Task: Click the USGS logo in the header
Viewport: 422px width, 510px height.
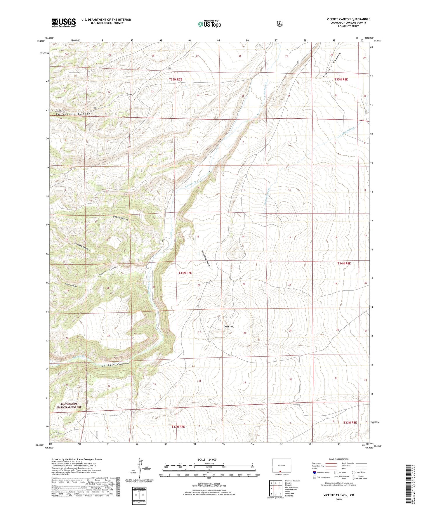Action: coord(64,22)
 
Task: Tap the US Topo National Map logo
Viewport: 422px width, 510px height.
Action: coord(209,24)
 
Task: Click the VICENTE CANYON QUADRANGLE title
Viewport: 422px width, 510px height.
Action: coord(348,19)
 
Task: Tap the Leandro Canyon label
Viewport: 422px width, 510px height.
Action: coord(82,247)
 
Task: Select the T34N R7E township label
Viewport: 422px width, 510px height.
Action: coord(185,273)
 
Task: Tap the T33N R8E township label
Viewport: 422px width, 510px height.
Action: coord(350,423)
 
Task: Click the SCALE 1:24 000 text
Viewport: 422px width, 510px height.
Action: coord(207,459)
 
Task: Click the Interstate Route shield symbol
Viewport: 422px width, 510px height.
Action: coord(314,472)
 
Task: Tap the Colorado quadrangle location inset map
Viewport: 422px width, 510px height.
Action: coord(279,466)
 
